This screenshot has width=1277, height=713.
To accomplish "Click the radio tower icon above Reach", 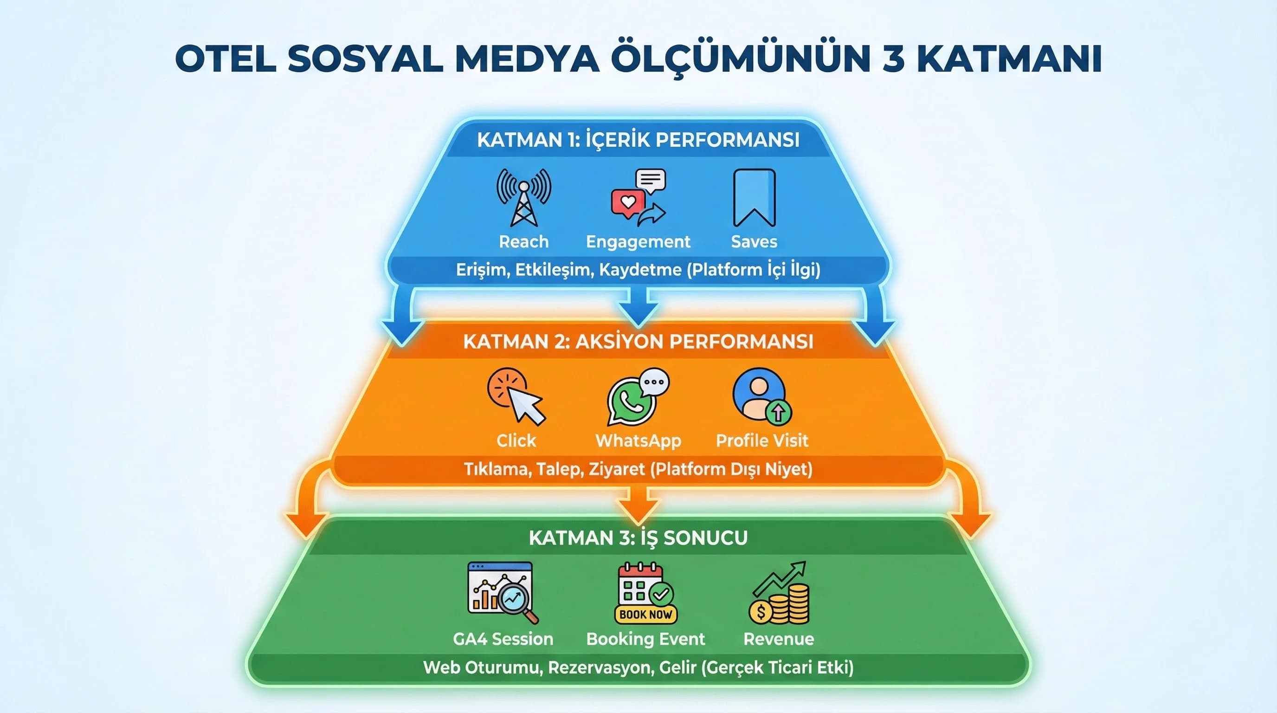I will [523, 197].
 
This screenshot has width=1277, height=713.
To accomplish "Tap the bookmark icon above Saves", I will [754, 197].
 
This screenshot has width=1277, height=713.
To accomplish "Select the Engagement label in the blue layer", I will [638, 241].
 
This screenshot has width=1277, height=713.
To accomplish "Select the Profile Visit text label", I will [762, 441].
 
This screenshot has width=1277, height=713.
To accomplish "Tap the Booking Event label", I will [645, 639].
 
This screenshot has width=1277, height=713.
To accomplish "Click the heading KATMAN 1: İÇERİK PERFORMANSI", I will [638, 140].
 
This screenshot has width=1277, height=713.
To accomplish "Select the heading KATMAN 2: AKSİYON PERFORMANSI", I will [638, 342].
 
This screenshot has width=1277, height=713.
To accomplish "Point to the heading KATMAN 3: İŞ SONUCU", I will [638, 538].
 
